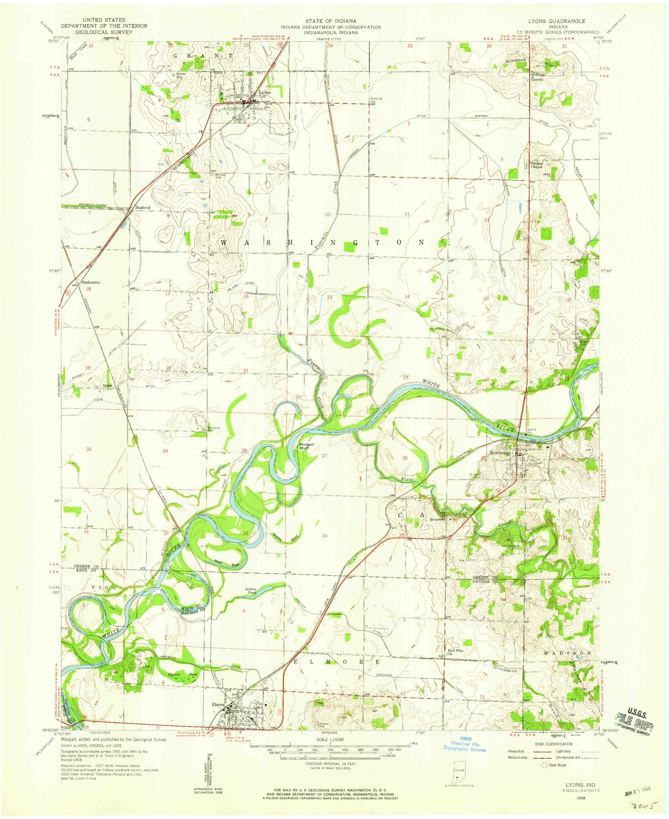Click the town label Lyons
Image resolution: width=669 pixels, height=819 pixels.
coord(265,92)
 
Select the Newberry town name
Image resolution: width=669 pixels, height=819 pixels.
coord(500,453)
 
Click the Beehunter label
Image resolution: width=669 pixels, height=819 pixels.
coord(91,283)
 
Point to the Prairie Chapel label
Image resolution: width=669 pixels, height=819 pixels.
coord(536,165)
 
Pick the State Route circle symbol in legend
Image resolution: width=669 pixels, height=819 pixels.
coord(544,765)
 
